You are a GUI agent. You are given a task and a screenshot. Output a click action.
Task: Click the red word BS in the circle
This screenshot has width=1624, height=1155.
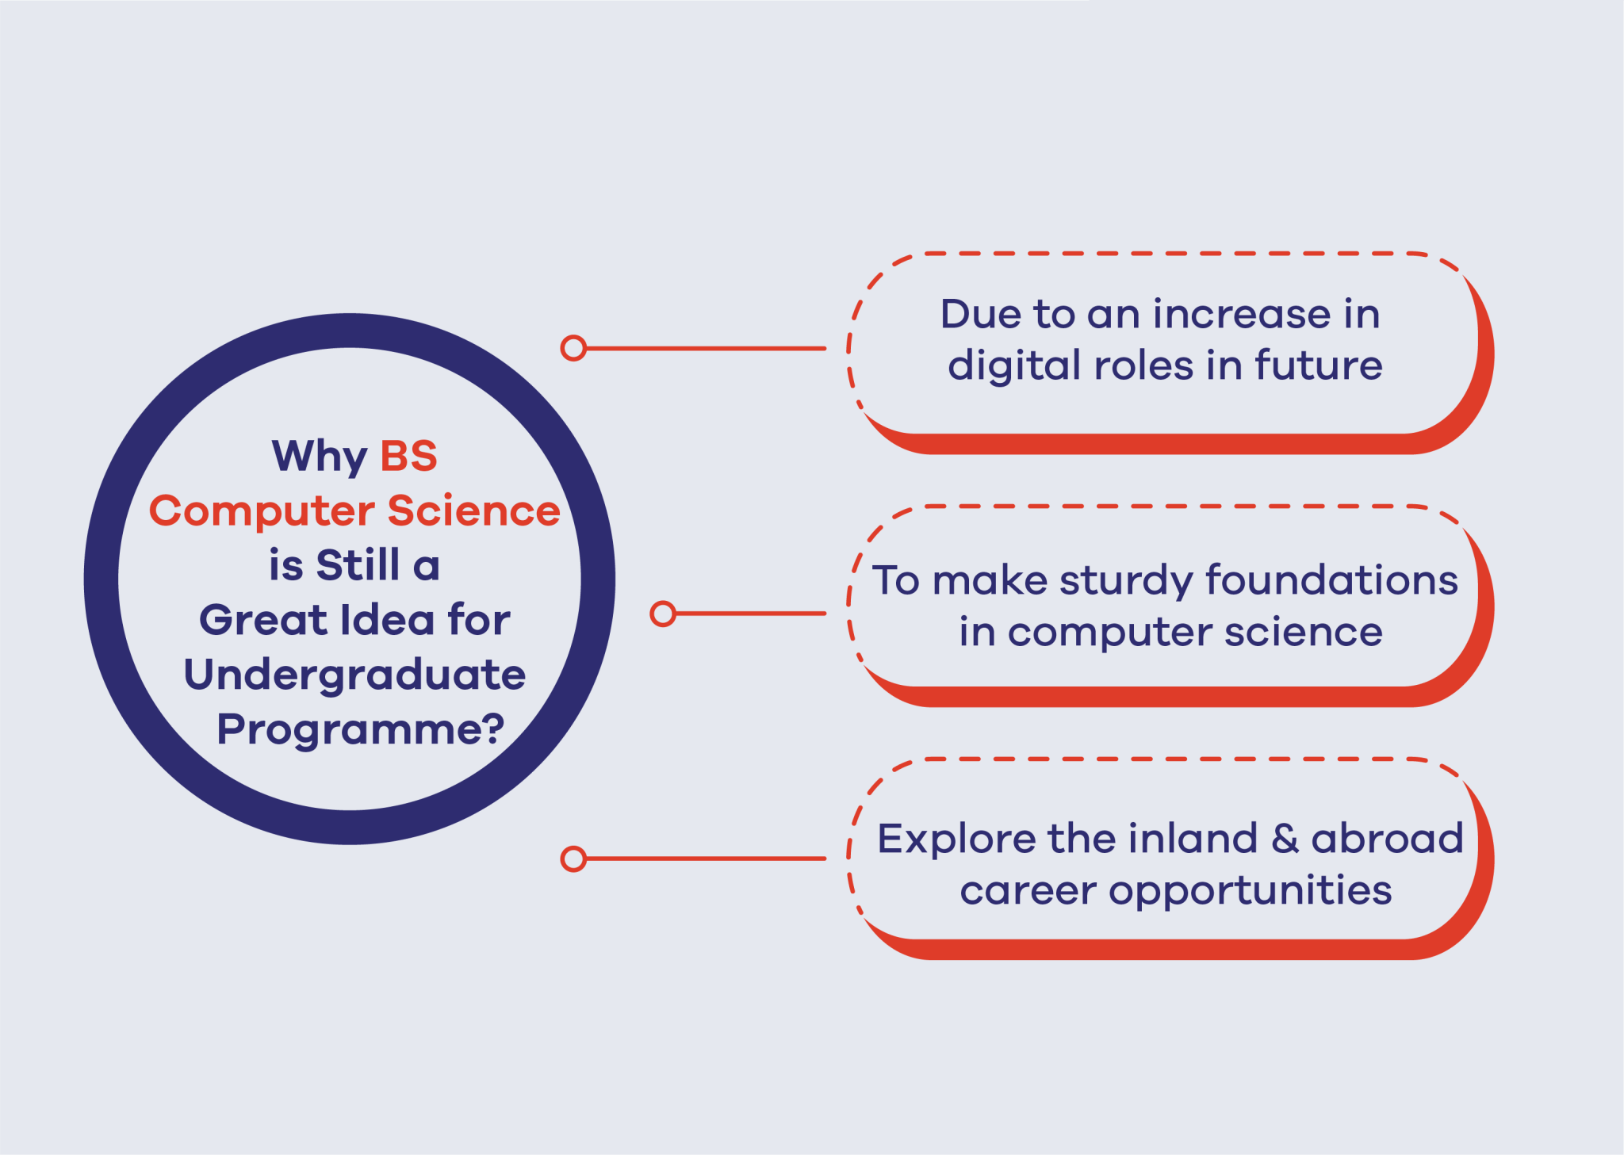(x=408, y=456)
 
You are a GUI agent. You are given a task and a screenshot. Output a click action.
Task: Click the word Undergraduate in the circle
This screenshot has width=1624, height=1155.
(x=354, y=675)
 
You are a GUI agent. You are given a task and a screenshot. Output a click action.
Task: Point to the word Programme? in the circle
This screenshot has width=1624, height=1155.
(x=361, y=729)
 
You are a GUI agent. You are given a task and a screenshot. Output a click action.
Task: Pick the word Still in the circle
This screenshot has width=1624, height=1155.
(x=358, y=565)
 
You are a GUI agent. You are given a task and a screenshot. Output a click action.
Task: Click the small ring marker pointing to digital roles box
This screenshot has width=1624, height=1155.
(x=573, y=348)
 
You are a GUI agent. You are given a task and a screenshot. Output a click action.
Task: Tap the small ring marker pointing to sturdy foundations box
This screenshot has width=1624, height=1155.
(x=663, y=614)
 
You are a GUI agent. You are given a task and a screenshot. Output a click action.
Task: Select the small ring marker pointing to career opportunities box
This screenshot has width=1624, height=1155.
(x=573, y=859)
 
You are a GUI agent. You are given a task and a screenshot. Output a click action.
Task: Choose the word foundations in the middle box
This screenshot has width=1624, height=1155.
(x=1331, y=579)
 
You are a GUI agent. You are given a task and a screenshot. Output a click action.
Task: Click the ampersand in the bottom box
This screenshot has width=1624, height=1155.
(x=1285, y=839)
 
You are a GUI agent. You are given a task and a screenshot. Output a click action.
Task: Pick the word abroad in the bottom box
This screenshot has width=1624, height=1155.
(x=1387, y=838)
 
